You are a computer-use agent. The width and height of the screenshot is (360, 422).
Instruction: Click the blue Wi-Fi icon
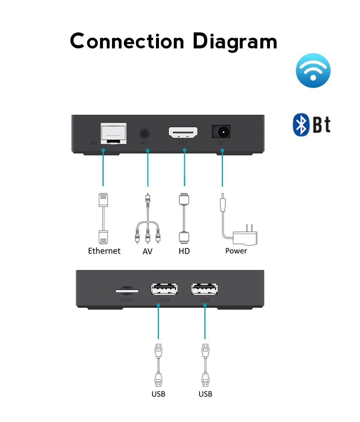click(x=313, y=70)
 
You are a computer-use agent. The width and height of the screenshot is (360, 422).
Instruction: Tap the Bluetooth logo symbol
click(x=301, y=125)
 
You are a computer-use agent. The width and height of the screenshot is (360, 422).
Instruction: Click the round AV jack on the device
click(x=145, y=132)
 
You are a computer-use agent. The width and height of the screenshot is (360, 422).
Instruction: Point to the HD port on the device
click(x=183, y=132)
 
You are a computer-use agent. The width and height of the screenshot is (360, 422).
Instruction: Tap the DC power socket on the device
click(x=221, y=131)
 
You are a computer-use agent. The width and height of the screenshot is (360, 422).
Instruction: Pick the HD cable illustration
click(x=184, y=218)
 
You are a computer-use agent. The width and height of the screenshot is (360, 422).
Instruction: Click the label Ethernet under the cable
click(x=104, y=251)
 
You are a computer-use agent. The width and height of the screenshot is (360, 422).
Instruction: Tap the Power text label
click(x=236, y=251)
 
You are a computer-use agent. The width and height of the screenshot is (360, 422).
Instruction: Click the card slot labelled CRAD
click(x=127, y=291)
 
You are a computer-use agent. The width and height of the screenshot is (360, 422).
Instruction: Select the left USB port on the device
click(x=164, y=289)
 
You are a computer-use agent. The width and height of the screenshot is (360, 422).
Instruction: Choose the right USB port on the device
click(x=205, y=289)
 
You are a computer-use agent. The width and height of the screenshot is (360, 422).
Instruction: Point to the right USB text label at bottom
click(x=205, y=394)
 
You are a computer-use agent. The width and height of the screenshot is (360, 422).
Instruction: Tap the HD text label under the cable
click(x=184, y=251)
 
